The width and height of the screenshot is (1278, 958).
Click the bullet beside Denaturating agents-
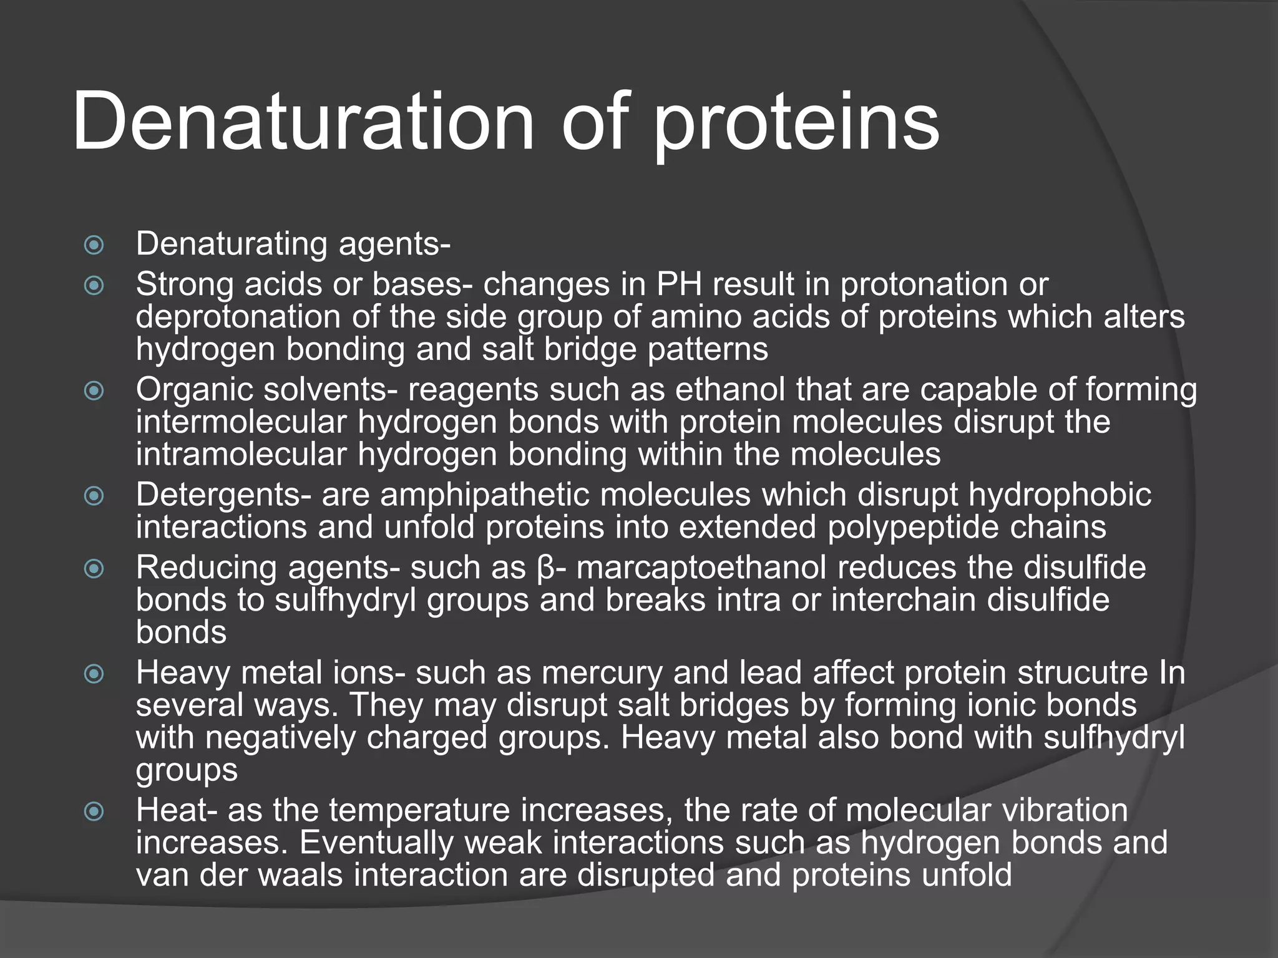94,244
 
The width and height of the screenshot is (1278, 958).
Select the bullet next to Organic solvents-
94,391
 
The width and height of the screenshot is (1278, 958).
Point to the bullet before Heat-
94,811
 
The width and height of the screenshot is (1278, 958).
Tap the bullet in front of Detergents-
94,496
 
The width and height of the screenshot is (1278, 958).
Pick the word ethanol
730,390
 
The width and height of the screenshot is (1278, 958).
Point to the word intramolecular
241,455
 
